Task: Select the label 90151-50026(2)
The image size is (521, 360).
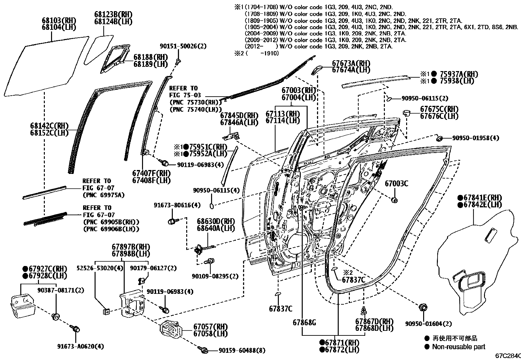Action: tap(183, 46)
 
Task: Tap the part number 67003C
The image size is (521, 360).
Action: tap(396, 183)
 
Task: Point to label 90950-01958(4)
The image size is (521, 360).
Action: tap(476, 138)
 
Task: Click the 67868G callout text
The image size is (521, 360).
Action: tap(304, 323)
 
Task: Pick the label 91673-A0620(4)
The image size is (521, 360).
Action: tap(81, 346)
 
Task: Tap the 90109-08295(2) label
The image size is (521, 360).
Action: tap(215, 276)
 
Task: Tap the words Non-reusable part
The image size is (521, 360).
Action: tap(458, 347)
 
